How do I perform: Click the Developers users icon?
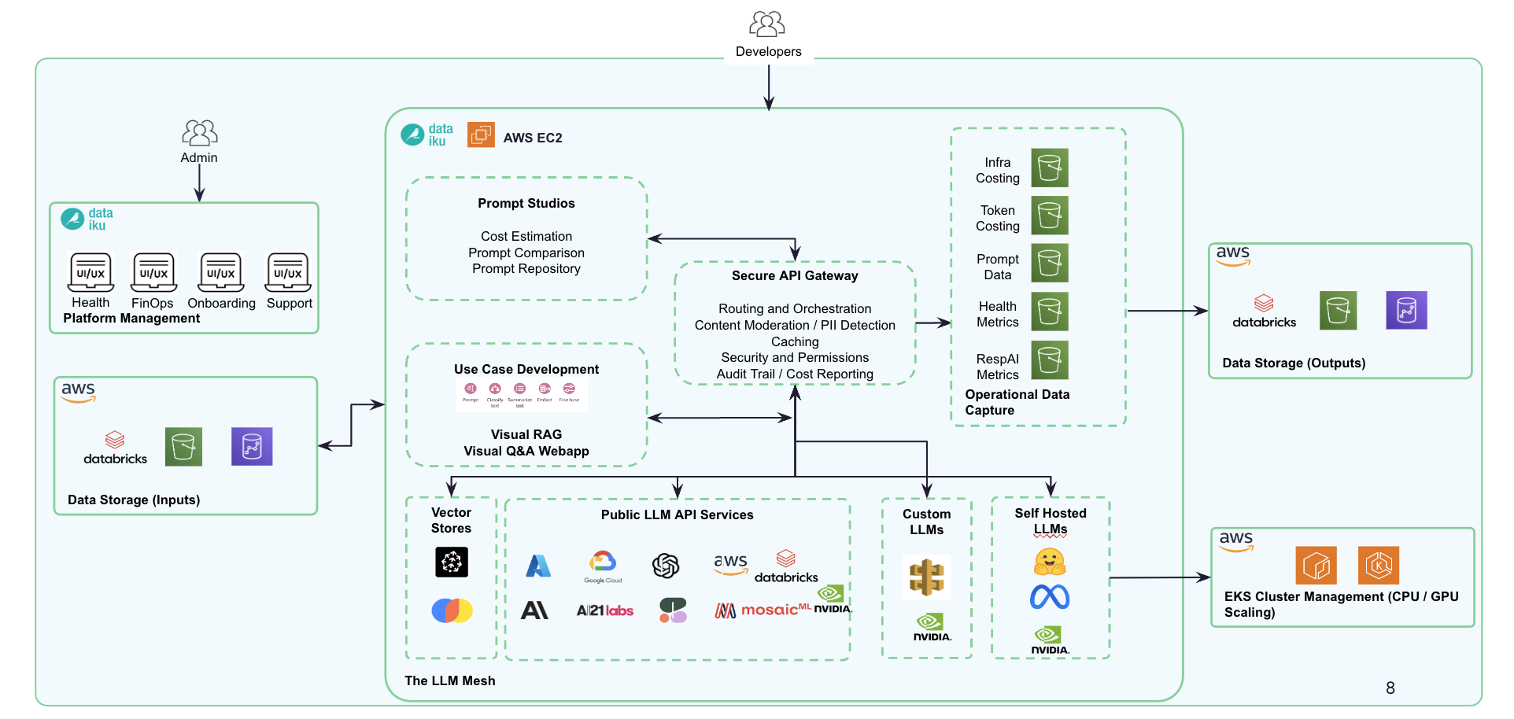[767, 24]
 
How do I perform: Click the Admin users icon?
[199, 132]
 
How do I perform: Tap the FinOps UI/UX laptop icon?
[153, 272]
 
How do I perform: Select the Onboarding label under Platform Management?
[221, 304]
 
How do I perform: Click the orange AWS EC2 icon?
[481, 135]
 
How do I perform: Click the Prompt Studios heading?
[526, 203]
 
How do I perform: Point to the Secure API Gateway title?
[795, 276]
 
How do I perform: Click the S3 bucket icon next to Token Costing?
[1049, 216]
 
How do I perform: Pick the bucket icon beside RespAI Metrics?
[1049, 360]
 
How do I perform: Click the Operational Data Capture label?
[1017, 402]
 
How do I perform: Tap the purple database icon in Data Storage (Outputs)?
[1406, 311]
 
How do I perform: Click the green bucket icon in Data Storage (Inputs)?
[183, 447]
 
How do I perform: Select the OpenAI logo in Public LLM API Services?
[666, 565]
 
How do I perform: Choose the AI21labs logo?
[604, 610]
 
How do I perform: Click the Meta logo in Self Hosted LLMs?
[1050, 598]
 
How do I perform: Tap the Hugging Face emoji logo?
[1050, 562]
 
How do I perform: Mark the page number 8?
[1390, 688]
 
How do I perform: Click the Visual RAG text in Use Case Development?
[526, 434]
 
